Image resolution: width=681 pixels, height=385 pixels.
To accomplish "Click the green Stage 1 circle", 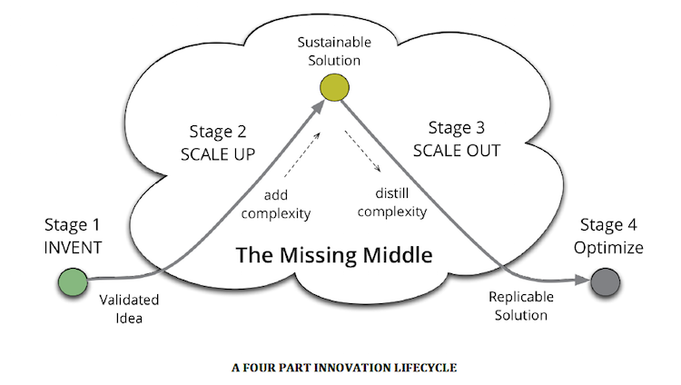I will (x=74, y=281).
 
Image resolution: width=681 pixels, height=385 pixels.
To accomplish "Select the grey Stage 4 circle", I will (x=604, y=282).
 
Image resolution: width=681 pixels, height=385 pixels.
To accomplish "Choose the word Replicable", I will (x=518, y=296).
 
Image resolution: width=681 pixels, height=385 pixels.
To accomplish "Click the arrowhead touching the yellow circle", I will (x=318, y=106).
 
